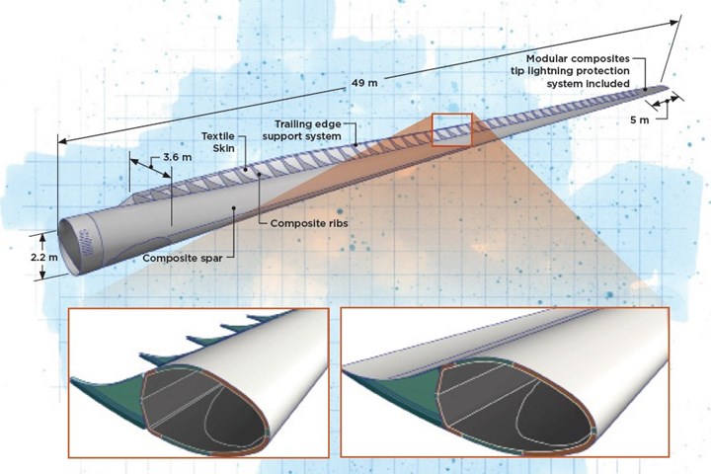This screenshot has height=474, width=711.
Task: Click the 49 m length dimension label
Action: pyautogui.click(x=364, y=84)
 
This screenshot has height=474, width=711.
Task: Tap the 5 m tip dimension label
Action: pyautogui.click(x=639, y=119)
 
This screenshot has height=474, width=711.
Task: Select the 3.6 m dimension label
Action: pyautogui.click(x=178, y=157)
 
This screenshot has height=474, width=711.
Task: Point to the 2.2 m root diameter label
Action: pyautogui.click(x=44, y=257)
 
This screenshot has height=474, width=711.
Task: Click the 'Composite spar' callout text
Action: pyautogui.click(x=183, y=258)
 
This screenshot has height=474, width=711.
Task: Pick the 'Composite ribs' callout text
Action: pyautogui.click(x=309, y=223)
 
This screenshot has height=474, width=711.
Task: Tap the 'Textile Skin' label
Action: pyautogui.click(x=218, y=142)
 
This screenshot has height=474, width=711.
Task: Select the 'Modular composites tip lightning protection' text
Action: pyautogui.click(x=578, y=65)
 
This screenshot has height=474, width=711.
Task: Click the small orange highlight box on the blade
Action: pyautogui.click(x=452, y=129)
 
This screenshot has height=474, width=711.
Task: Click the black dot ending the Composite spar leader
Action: pyautogui.click(x=234, y=207)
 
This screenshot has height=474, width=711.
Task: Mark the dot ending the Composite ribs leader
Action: pyautogui.click(x=259, y=173)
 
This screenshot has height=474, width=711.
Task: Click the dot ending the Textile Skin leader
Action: pyautogui.click(x=245, y=169)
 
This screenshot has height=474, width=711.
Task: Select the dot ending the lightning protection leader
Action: pyautogui.click(x=645, y=89)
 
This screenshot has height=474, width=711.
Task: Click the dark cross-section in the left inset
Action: pyautogui.click(x=205, y=407)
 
